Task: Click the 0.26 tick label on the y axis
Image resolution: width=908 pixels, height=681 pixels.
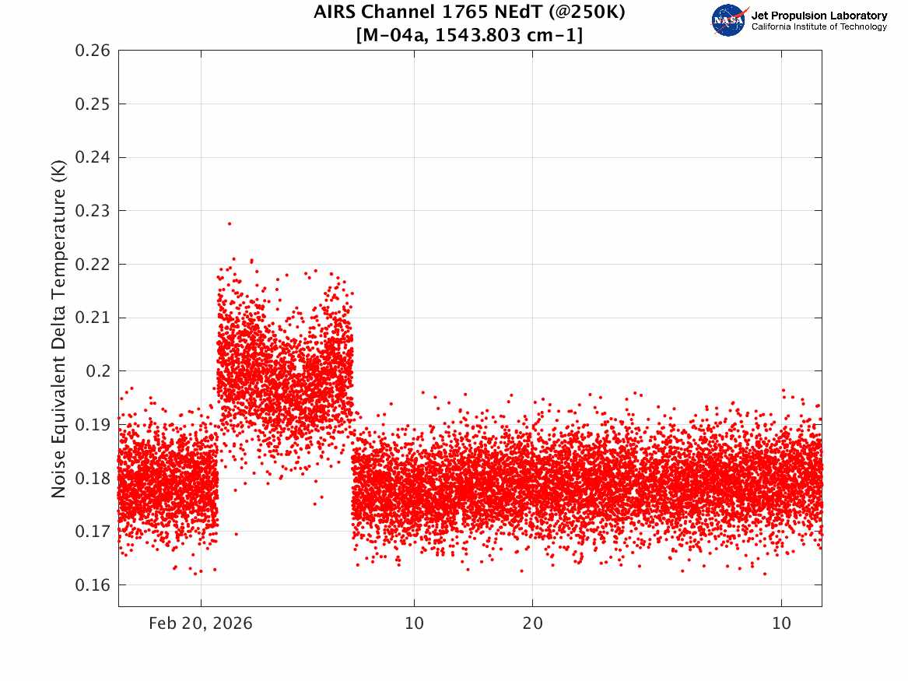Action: point(93,51)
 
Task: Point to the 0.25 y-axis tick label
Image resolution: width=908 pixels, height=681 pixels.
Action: point(93,104)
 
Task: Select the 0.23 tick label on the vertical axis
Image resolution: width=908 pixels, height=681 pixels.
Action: point(93,211)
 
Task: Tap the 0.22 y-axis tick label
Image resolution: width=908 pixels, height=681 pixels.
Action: point(93,265)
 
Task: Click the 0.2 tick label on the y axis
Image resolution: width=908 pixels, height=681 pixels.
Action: point(98,371)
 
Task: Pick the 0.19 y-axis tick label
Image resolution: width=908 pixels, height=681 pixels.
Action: point(93,424)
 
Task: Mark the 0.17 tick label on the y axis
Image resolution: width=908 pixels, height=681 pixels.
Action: point(93,532)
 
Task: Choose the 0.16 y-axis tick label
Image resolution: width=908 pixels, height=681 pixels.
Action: point(93,584)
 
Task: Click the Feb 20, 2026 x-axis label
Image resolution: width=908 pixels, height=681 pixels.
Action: point(201,623)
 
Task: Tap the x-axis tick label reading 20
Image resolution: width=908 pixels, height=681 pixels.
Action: point(533,623)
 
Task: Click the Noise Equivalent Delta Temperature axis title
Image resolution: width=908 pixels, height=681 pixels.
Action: point(58,329)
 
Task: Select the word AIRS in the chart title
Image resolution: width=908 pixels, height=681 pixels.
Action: point(335,12)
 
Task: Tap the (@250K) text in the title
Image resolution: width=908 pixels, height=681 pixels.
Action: point(587,12)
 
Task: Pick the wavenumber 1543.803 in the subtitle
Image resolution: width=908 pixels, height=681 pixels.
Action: point(478,35)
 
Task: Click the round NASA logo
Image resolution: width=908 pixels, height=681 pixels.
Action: point(729,20)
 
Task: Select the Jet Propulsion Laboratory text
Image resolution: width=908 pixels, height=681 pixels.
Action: point(819,16)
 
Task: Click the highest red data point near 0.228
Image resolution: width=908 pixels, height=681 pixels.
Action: point(230,223)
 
